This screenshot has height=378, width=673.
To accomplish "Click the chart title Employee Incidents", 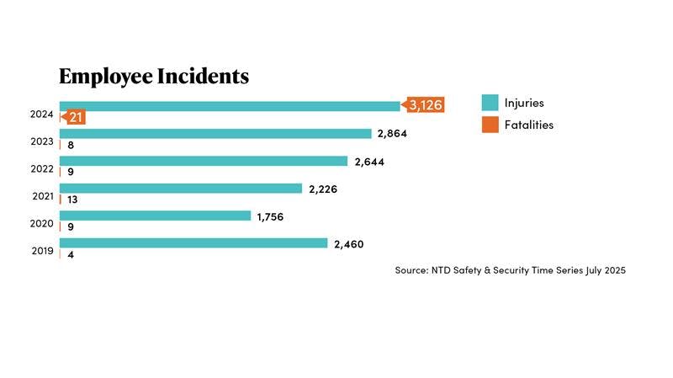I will tap(153, 77).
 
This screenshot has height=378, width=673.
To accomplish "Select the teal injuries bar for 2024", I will tap(229, 106).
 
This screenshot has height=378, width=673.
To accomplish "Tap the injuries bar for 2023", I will tap(215, 133).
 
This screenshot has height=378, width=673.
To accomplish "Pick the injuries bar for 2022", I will tap(203, 161).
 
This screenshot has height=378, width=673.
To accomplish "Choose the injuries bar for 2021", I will tap(180, 189).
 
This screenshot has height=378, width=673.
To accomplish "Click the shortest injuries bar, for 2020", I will tap(155, 216).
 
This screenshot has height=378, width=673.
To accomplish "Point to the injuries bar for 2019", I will tap(193, 243).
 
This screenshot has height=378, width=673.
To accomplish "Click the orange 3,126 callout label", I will tap(425, 105).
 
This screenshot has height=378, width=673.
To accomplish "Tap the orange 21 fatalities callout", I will tap(75, 117).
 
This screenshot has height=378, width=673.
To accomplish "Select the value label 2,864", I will tap(393, 134).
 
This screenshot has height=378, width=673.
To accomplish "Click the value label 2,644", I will tap(368, 162).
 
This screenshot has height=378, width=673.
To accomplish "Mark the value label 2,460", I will tap(348, 244).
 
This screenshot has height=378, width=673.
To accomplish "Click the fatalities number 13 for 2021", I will tap(73, 200).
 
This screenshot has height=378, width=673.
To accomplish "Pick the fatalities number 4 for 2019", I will tap(71, 254).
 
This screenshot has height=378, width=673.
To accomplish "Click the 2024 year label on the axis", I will tap(42, 114).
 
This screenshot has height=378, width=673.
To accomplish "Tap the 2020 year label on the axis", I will tap(42, 224).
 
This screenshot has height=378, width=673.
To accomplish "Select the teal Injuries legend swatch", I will tap(490, 103).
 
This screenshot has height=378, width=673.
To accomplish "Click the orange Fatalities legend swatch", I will tap(490, 125).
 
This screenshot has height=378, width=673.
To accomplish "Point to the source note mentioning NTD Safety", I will tap(510, 270).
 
